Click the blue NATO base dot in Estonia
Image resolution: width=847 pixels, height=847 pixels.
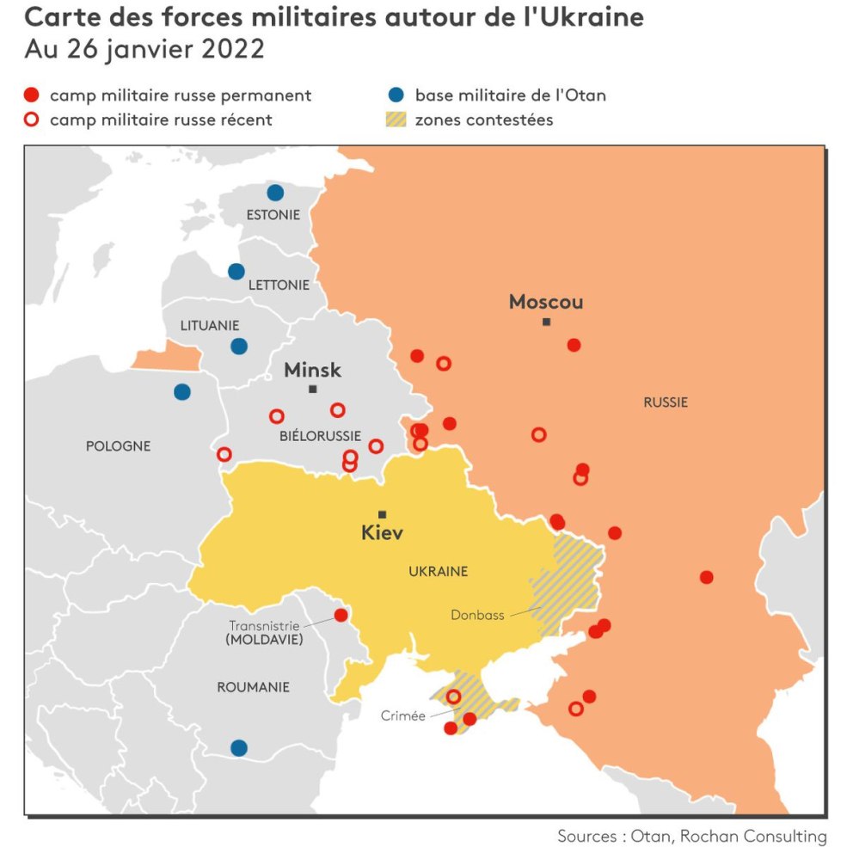pyautogui.click(x=275, y=193)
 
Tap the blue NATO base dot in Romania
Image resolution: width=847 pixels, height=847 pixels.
pyautogui.click(x=239, y=747)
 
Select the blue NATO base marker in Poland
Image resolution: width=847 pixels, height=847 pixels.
pyautogui.click(x=182, y=392)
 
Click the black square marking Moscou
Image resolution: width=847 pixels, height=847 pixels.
pyautogui.click(x=546, y=322)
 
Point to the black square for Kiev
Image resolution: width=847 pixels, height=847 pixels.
pyautogui.click(x=383, y=514)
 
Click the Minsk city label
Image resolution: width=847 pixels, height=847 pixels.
pyautogui.click(x=312, y=371)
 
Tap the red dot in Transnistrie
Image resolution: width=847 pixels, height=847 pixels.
pyautogui.click(x=341, y=615)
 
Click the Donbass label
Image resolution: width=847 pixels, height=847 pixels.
pyautogui.click(x=477, y=615)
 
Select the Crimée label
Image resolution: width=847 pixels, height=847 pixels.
pyautogui.click(x=403, y=715)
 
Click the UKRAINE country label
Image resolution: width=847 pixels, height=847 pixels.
pyautogui.click(x=438, y=571)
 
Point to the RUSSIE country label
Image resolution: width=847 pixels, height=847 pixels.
pyautogui.click(x=666, y=402)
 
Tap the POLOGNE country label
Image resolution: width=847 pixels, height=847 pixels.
pyautogui.click(x=118, y=446)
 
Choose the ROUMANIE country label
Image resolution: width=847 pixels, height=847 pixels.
pyautogui.click(x=253, y=687)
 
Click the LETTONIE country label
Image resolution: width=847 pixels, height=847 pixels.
pyautogui.click(x=278, y=285)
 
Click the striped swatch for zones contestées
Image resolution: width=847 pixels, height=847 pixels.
pyautogui.click(x=396, y=120)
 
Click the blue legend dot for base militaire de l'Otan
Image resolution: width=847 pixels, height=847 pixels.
pyautogui.click(x=396, y=95)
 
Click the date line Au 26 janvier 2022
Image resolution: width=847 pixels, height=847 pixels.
pyautogui.click(x=144, y=49)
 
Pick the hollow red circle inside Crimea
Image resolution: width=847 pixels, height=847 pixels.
pyautogui.click(x=453, y=697)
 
